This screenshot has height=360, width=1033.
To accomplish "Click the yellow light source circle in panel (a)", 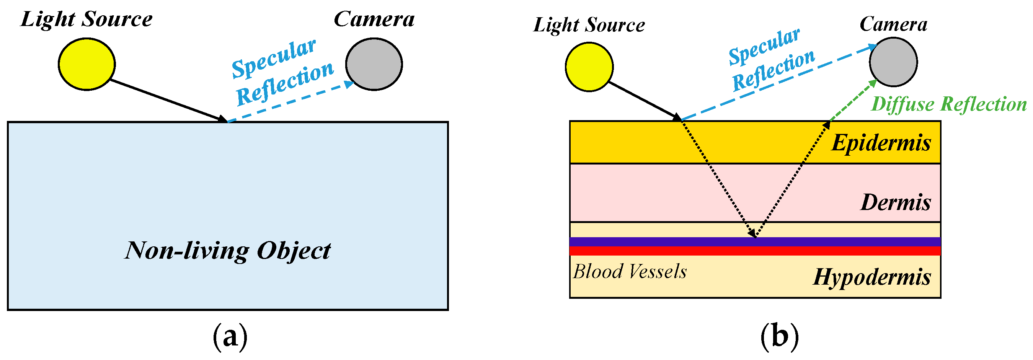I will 86,64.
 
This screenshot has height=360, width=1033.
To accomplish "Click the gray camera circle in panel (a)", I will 374,64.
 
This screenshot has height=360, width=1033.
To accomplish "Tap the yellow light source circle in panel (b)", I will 589,67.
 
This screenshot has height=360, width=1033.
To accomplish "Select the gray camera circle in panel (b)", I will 893,62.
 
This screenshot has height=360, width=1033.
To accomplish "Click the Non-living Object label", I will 227,251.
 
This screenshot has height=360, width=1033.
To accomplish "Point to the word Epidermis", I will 881,143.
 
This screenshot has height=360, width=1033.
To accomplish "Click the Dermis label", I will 895,202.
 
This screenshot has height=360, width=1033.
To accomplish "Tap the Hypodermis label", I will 872,277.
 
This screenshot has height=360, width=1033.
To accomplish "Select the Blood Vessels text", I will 630,272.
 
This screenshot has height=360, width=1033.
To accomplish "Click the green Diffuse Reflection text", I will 949,104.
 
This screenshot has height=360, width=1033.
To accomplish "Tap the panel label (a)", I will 230,337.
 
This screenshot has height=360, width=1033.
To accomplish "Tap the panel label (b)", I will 779,337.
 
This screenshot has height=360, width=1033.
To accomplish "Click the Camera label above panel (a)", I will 374,19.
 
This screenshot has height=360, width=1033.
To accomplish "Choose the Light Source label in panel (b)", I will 589,25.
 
